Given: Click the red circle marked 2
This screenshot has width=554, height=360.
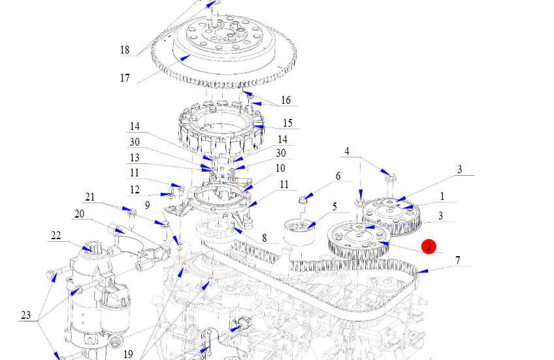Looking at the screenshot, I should (428, 246).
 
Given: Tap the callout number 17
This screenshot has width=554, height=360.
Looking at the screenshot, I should (125, 78).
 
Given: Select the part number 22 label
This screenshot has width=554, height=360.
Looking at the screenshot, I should (56, 235).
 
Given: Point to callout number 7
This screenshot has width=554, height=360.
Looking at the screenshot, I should (458, 260).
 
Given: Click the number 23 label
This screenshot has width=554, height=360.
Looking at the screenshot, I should (25, 316).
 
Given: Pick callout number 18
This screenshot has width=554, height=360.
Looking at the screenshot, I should (125, 50).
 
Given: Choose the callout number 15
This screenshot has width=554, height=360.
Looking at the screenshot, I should (287, 123).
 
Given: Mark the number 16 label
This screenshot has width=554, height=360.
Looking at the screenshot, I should (285, 100).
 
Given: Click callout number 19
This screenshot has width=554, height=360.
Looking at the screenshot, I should (128, 353).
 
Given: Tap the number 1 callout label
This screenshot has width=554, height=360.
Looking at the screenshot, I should (442, 195).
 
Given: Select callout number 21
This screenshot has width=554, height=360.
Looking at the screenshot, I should (90, 197).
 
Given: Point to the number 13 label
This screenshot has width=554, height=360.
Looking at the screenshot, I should (135, 157).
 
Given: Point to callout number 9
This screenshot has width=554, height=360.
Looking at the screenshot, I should (148, 205).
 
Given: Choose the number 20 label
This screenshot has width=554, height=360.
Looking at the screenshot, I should (78, 214).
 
